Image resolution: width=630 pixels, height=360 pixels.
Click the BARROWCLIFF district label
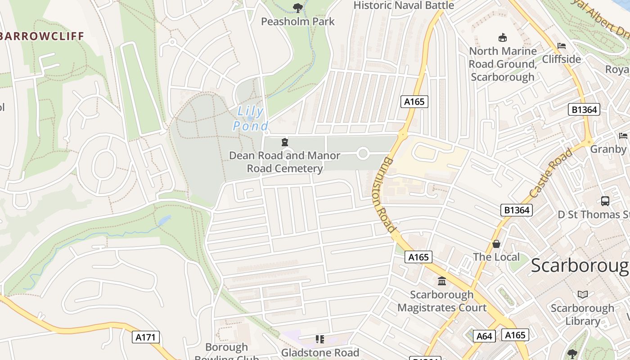pos(42,36)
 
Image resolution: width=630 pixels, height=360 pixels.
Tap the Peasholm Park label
pos(298,21)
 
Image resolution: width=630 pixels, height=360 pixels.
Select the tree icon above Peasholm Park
pos(297,7)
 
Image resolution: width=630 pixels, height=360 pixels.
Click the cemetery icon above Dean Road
pos(284,143)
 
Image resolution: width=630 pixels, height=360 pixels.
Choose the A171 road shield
pos(146,337)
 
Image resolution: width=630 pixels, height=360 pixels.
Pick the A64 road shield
pos(484,336)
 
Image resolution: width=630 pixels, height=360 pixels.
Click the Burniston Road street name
pos(384,195)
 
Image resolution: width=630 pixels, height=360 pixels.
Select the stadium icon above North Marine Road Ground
pos(503,37)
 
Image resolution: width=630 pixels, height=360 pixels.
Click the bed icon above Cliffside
pos(561,46)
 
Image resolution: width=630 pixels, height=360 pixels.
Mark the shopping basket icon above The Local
pos(496,244)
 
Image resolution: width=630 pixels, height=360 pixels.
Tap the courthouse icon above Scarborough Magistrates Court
pos(442,281)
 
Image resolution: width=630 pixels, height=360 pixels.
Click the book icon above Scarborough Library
pos(583,295)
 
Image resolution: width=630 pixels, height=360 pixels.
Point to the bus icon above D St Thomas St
pos(605,201)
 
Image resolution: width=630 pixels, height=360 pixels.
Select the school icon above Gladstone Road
pos(320,339)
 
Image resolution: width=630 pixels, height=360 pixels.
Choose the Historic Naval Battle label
pos(404,5)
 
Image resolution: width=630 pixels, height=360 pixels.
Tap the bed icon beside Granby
pos(623,135)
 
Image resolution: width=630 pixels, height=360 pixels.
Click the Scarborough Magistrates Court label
pos(441,301)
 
